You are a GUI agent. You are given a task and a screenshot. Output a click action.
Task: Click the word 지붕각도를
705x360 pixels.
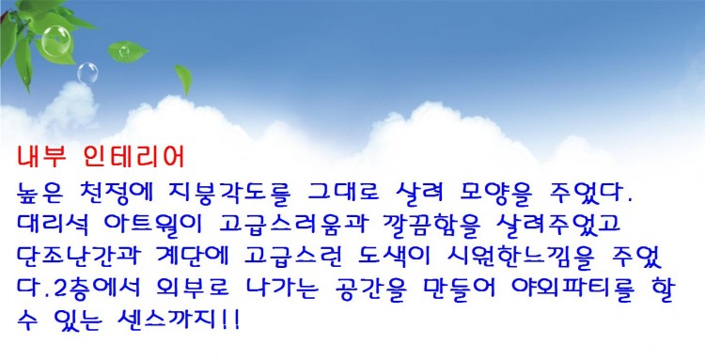click(x=243, y=195)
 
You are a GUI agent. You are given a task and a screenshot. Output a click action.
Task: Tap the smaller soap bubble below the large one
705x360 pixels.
click(x=86, y=71)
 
